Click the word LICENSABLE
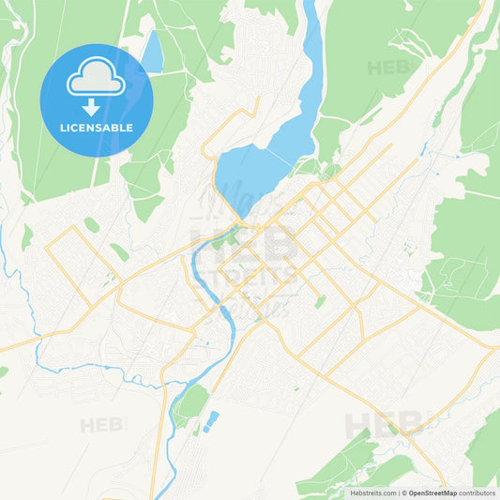96,128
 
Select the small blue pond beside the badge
151,52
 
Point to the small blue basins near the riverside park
211,419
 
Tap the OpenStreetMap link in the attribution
432,492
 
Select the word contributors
477,492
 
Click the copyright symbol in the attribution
403,492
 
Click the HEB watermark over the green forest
387,67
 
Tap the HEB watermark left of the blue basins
102,425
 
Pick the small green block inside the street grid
320,302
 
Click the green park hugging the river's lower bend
192,402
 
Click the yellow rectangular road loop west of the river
80,267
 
